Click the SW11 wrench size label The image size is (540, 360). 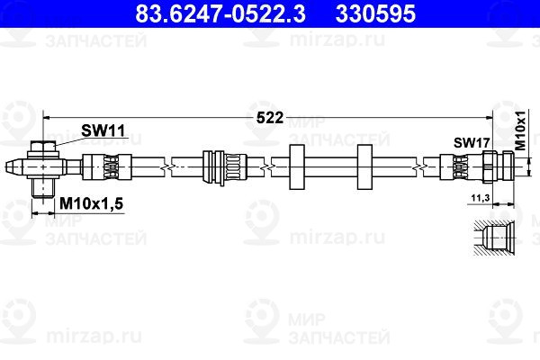pos(103,130)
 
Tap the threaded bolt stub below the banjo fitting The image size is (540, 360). pos(41,186)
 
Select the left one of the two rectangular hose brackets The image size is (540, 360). pos(298,166)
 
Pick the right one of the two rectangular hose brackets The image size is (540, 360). pos(365,166)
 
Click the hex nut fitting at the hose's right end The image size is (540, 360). pos(497,166)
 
